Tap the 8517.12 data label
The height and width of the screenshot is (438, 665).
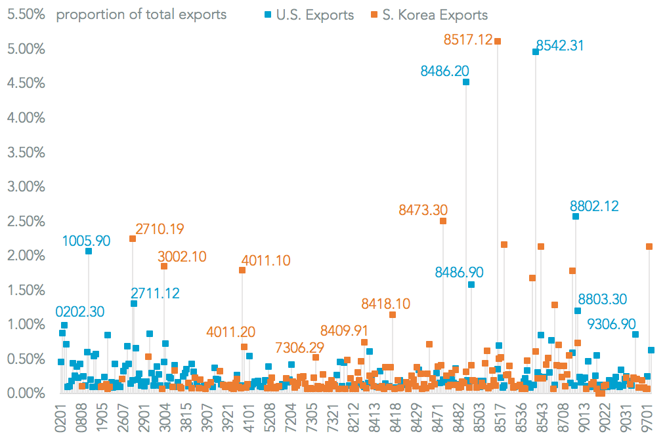click(x=468, y=39)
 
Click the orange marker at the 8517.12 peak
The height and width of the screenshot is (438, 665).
click(x=498, y=41)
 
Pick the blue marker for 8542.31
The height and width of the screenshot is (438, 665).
click(x=536, y=52)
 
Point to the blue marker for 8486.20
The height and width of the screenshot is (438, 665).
click(x=466, y=82)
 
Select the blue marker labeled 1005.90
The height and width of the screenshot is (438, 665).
click(x=89, y=251)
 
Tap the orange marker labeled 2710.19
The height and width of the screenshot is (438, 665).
click(x=133, y=239)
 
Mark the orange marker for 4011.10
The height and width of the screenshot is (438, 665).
click(x=242, y=270)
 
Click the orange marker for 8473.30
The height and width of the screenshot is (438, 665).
click(x=443, y=221)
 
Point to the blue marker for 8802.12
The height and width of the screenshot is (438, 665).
click(x=576, y=216)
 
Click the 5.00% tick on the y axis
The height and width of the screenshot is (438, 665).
click(x=24, y=49)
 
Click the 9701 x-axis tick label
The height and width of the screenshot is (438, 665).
click(x=648, y=417)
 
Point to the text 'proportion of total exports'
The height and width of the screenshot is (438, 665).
click(x=141, y=14)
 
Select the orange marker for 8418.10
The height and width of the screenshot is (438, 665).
click(x=393, y=315)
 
